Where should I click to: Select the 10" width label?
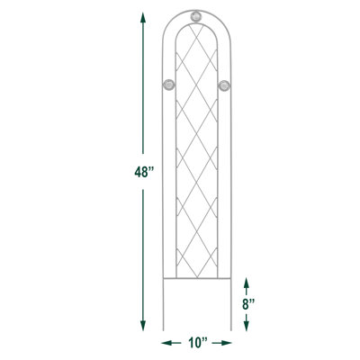coord(197,343)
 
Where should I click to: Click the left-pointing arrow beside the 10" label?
coord(168,343)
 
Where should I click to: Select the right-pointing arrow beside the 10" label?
coord(227,343)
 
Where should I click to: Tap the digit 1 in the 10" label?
coord(190,343)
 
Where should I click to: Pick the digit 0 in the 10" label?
coord(198,343)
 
